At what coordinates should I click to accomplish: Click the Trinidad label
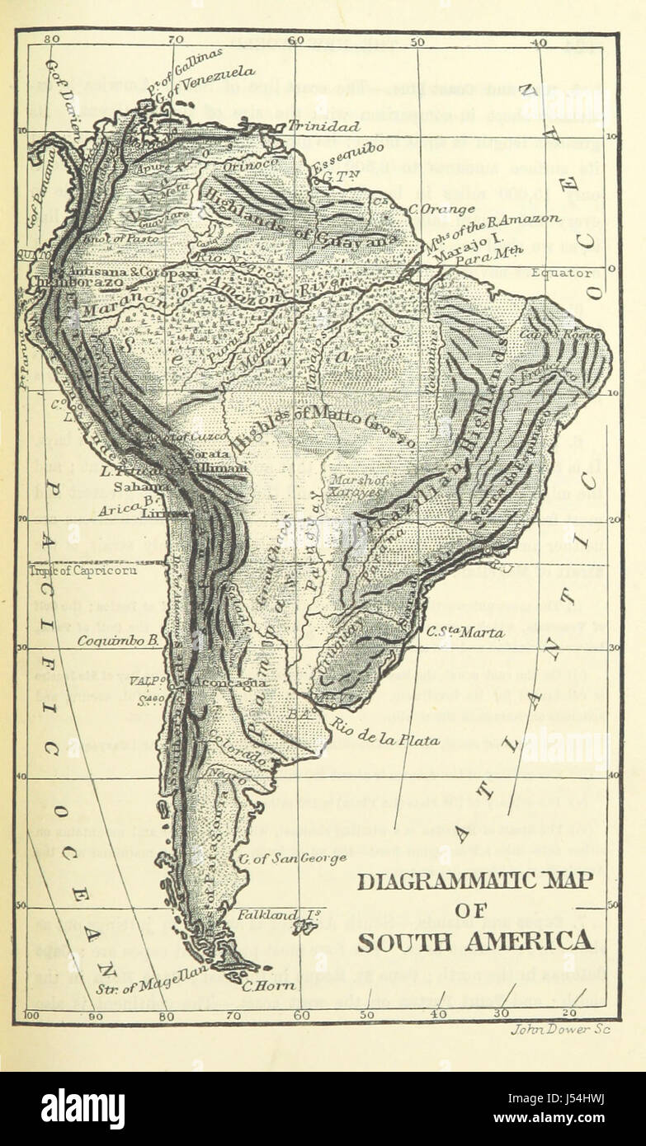pos(323,127)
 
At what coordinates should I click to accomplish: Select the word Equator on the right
pos(561,272)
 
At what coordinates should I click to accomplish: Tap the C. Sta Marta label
pos(465,633)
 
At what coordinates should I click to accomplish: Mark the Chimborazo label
pos(77,282)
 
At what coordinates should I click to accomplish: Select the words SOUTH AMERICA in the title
pos(474,941)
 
